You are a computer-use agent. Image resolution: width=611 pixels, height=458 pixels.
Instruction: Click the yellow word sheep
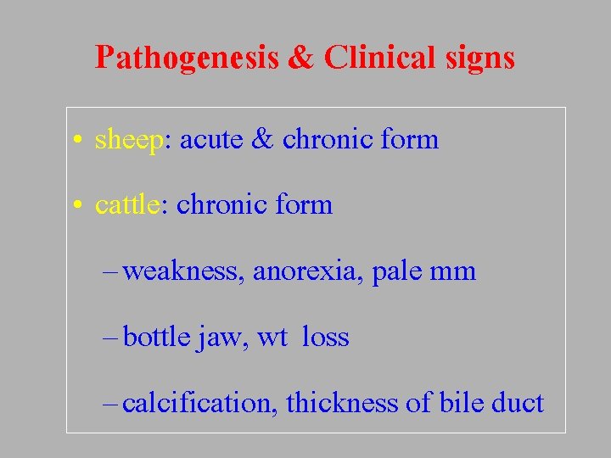pos(128,140)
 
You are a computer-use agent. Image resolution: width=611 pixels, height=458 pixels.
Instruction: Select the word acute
pos(210,140)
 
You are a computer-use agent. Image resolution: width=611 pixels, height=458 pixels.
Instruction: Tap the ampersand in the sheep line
pos(261,139)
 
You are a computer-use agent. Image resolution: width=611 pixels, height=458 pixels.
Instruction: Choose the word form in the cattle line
pos(303,204)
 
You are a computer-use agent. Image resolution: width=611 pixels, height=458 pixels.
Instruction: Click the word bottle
pos(156,337)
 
